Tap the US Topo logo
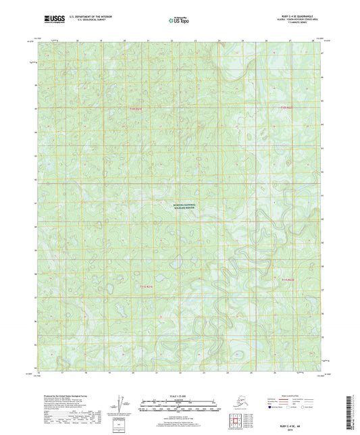click(178, 22)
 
